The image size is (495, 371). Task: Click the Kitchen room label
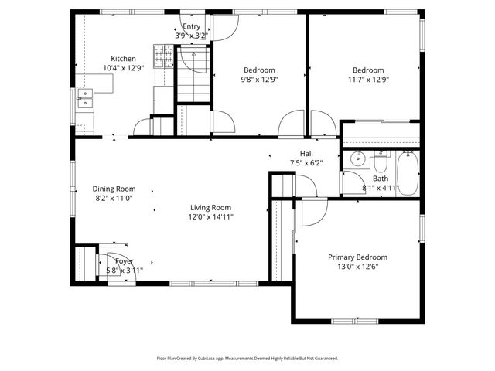(x=123, y=59)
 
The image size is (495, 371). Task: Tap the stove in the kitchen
(x=163, y=54)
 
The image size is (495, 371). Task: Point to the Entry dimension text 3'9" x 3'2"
(x=190, y=36)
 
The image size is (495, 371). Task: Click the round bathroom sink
(x=357, y=160)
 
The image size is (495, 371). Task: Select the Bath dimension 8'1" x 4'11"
(x=380, y=188)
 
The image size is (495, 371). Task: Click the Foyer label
(x=125, y=261)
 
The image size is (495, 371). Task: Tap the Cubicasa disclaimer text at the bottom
(x=247, y=359)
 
